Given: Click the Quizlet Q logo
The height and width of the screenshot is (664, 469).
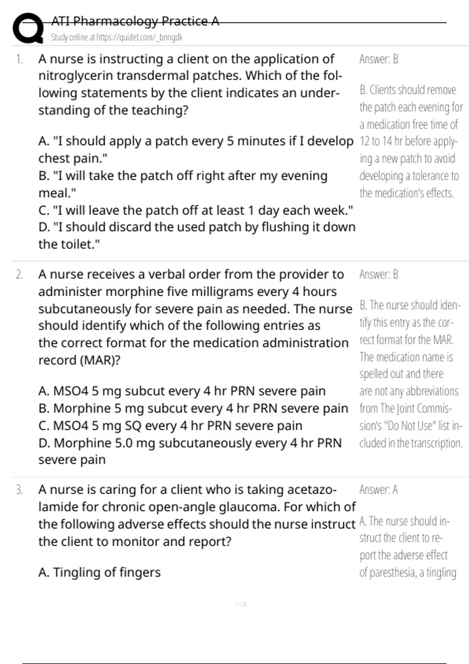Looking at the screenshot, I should [27, 28].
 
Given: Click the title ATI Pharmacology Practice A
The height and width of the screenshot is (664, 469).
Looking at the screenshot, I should [135, 21].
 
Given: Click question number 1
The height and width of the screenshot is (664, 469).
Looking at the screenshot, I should [19, 59].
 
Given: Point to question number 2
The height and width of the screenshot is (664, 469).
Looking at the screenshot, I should [19, 275].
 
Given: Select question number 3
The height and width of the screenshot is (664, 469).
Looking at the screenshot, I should [19, 490].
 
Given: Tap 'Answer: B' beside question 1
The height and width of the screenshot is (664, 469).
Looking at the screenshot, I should [378, 59].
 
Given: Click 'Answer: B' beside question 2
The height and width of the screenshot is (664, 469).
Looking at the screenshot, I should [378, 275].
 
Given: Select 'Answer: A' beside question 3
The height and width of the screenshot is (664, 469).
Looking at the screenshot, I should [378, 490].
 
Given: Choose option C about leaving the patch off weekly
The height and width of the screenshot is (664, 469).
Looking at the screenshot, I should [195, 211].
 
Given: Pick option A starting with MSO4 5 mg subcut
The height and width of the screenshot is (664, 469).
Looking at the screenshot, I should [182, 391].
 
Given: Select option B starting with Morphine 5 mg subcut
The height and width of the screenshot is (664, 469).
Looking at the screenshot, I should [193, 409].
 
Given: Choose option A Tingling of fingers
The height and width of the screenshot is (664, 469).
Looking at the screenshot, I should [99, 573].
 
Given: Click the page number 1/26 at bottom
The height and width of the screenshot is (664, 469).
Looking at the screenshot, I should [241, 605].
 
